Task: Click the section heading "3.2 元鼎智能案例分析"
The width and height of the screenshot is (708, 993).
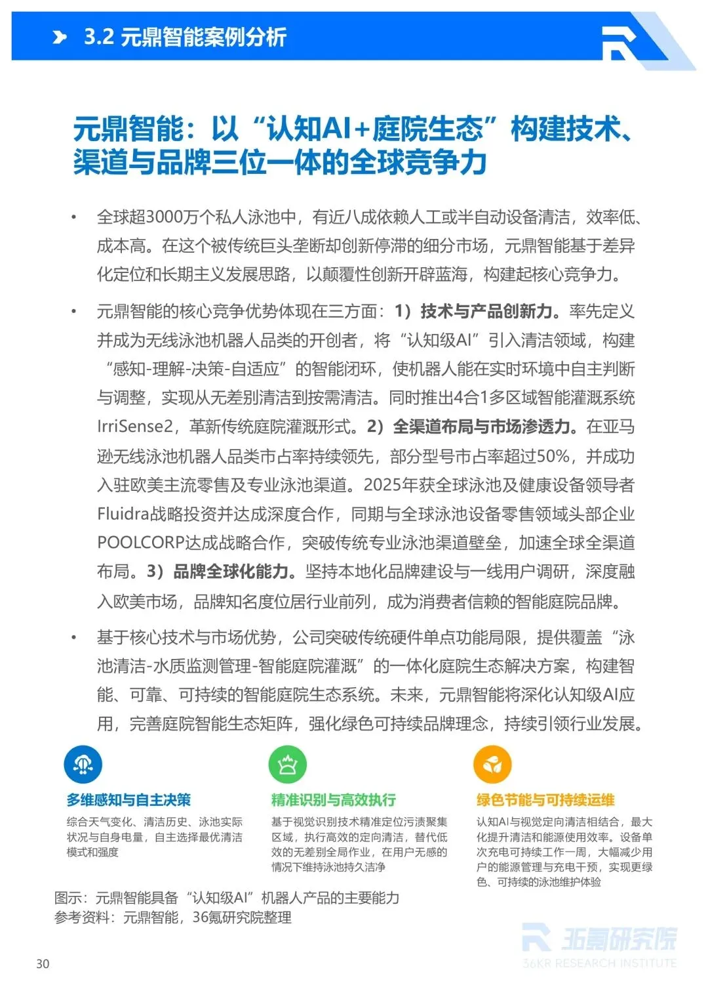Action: [185, 37]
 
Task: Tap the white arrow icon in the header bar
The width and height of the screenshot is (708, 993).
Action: [60, 37]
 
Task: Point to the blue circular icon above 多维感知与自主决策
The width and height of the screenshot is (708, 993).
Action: [83, 764]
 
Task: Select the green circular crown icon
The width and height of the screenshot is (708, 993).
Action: [287, 764]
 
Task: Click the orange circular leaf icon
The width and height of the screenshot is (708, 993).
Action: [492, 764]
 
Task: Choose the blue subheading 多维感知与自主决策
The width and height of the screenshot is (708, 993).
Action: [128, 800]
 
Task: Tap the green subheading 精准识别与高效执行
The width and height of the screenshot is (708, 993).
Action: [334, 800]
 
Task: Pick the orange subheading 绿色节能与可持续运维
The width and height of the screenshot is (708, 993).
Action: [545, 800]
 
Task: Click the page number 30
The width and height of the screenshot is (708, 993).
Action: [43, 963]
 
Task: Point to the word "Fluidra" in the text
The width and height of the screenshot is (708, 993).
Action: [123, 514]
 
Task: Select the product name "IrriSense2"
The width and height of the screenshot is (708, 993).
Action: [135, 427]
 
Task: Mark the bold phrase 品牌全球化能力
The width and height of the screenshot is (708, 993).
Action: [231, 572]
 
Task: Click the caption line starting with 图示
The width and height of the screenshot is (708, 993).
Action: [227, 898]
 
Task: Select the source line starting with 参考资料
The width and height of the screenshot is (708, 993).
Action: [173, 918]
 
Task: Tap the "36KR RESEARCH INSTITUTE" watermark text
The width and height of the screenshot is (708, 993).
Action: [599, 963]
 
